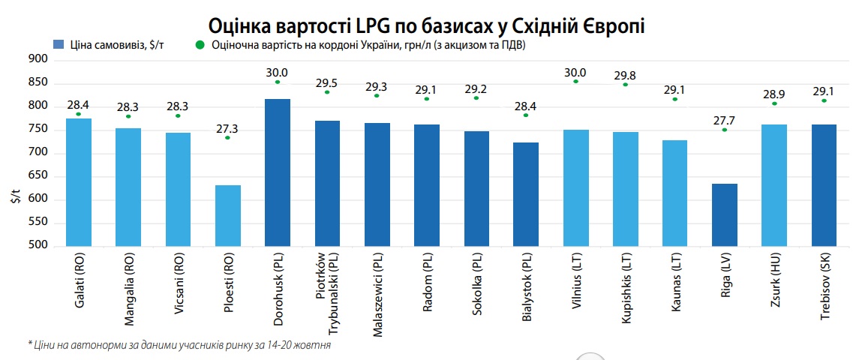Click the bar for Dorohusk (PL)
[x=278, y=172]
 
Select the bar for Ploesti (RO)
[x=228, y=215]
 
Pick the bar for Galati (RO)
[x=79, y=182]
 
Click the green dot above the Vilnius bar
[x=576, y=81]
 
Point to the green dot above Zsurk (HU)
[x=774, y=103]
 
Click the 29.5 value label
[x=327, y=82]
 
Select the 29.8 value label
[x=626, y=75]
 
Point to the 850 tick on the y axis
[x=38, y=83]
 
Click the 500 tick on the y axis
[x=38, y=245]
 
